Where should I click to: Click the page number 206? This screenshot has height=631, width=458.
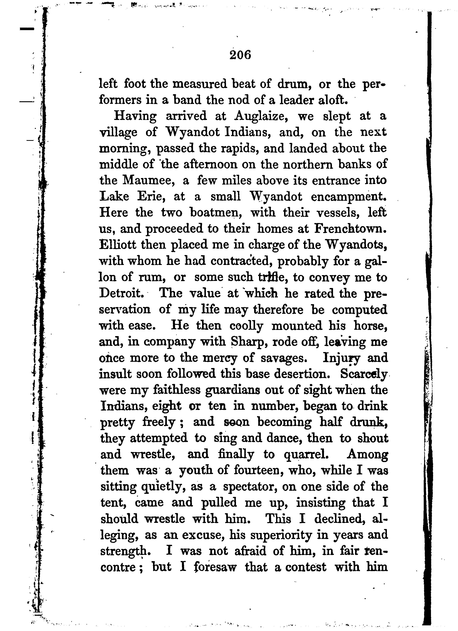pos(240,55)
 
